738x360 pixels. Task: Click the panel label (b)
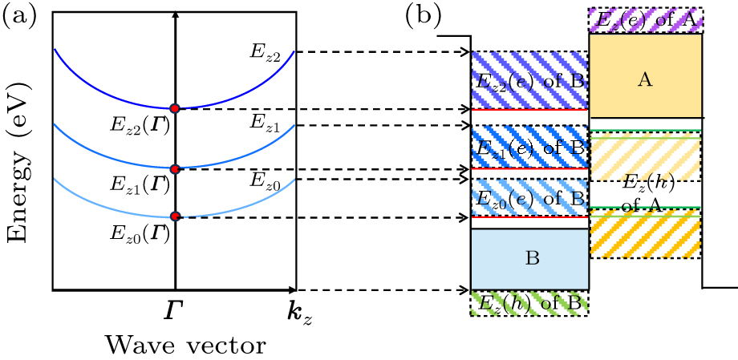click(422, 14)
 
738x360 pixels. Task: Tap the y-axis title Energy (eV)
click(18, 150)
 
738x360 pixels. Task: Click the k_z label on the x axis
click(295, 311)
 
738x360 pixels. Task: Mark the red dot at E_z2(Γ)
click(174, 108)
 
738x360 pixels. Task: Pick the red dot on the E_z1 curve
click(174, 168)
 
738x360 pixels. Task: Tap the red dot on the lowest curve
click(175, 216)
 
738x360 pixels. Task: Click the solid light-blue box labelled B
click(529, 259)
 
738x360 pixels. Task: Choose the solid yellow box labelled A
click(645, 78)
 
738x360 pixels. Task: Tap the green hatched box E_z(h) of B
click(529, 304)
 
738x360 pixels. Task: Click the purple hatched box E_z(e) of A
click(646, 19)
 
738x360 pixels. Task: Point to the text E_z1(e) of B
click(529, 148)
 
